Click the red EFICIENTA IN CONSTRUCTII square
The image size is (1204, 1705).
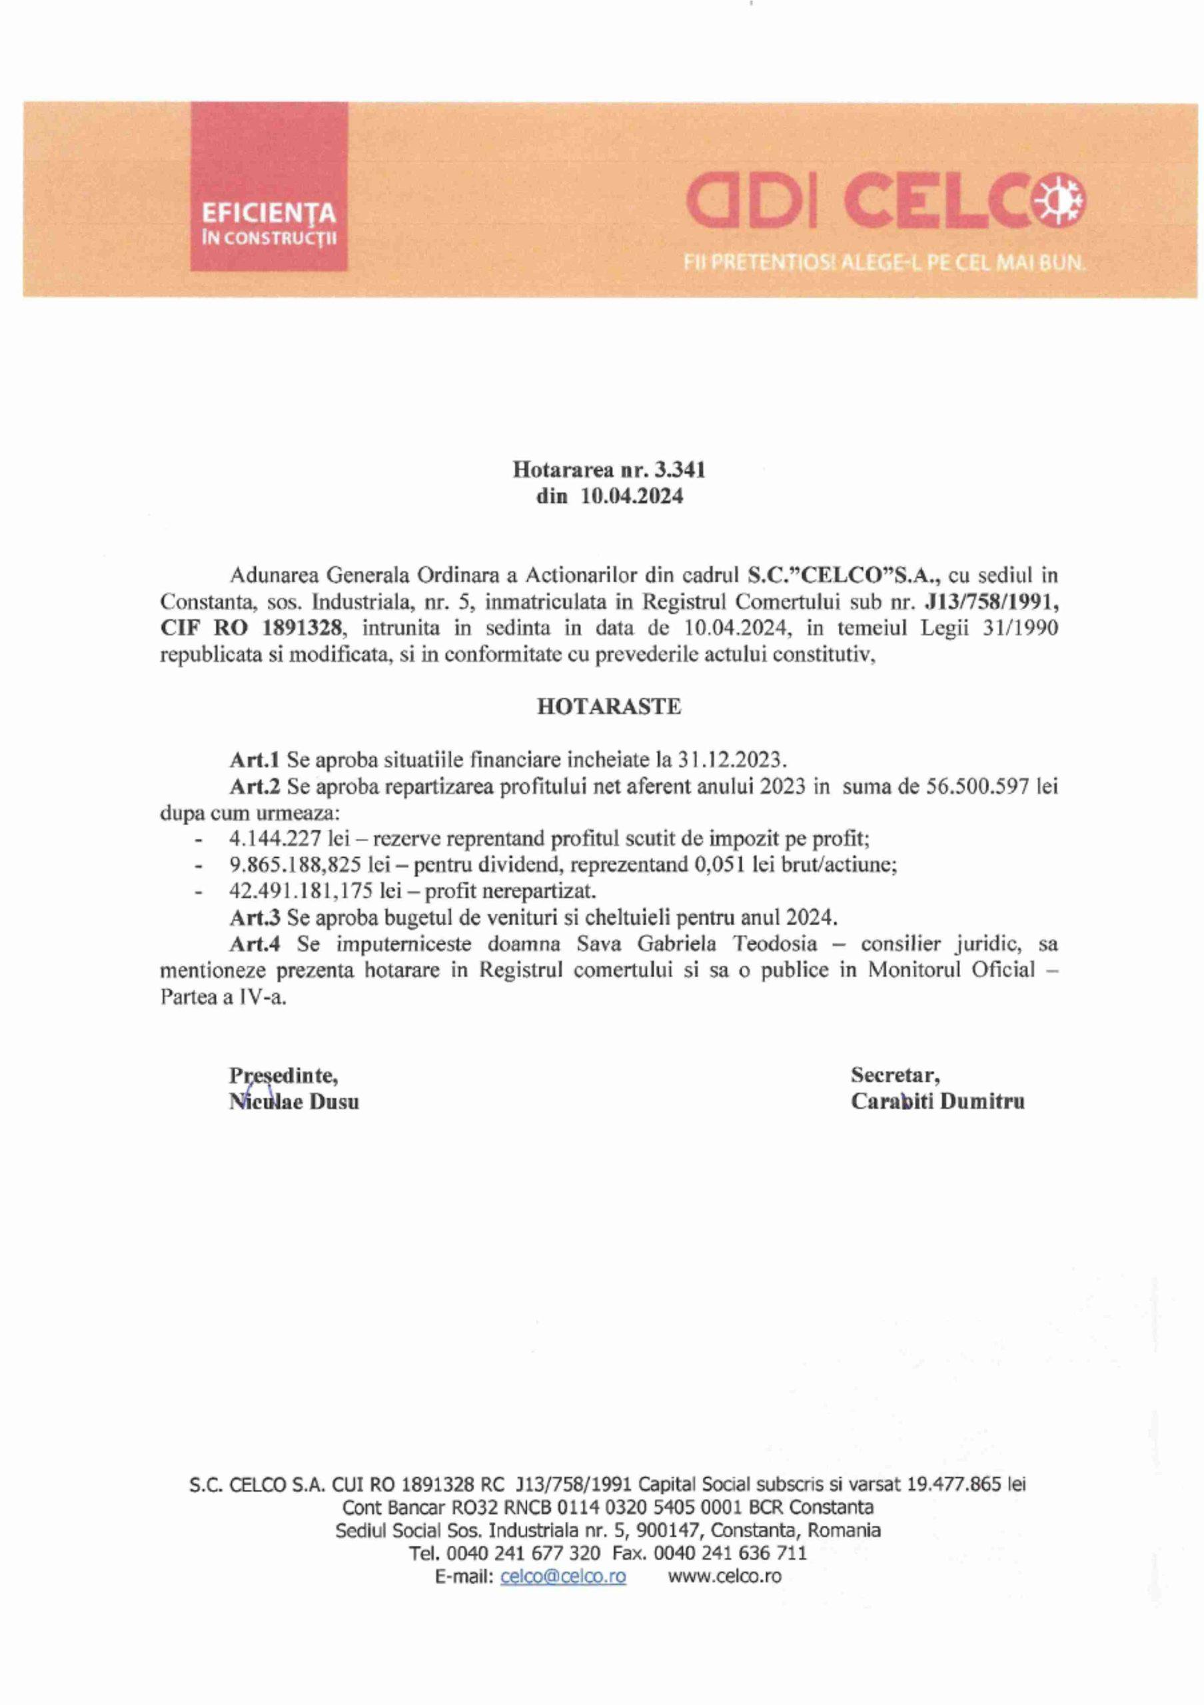[x=269, y=187]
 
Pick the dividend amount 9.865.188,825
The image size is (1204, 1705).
[x=295, y=865]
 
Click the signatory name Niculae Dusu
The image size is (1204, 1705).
[x=294, y=1102]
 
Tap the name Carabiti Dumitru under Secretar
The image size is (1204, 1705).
[x=937, y=1102]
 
